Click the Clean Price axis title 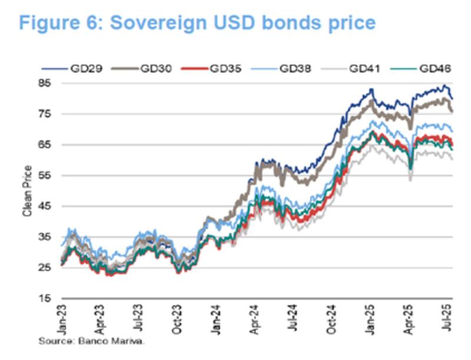click(27, 191)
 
